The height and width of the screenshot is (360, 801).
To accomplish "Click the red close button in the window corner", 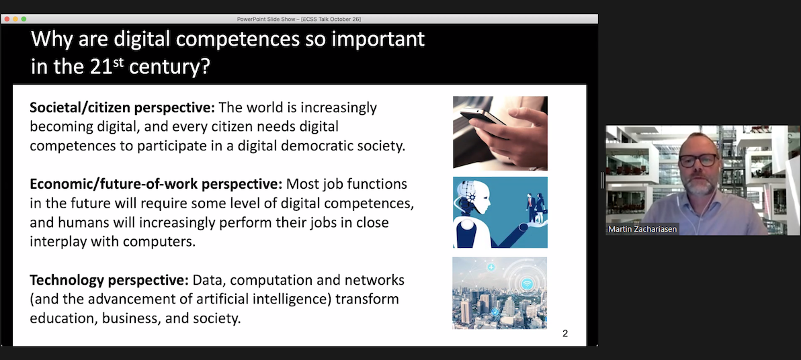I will pos(6,19).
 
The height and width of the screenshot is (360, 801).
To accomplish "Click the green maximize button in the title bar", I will pos(24,19).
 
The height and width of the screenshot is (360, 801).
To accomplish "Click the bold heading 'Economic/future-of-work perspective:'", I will pos(156,184).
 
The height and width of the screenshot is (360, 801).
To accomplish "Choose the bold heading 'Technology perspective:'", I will pos(109,279).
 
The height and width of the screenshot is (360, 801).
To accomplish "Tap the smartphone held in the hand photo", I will pos(482,118).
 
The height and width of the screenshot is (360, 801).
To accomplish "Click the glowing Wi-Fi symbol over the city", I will pos(527,283).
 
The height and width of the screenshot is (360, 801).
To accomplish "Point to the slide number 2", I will pos(565,333).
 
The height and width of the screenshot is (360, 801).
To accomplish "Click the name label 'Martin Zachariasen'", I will pos(642,229).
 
